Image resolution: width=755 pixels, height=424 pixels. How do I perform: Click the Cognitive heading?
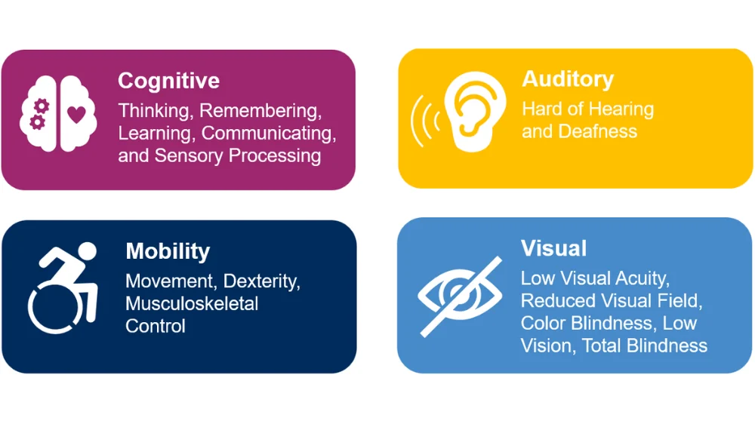point(168,81)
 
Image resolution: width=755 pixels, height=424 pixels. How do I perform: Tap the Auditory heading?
point(568,79)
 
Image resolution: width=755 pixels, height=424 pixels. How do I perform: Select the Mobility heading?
point(168,251)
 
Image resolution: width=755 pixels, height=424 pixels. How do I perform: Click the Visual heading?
point(553,248)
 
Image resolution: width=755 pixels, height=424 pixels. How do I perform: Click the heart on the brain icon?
point(76,115)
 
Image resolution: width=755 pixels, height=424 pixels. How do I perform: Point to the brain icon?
point(58,114)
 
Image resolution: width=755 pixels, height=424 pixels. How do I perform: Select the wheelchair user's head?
point(87,252)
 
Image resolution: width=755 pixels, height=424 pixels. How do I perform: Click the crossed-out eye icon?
point(460,296)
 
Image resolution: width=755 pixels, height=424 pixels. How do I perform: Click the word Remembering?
point(260,111)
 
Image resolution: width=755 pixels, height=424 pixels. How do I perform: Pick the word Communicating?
point(269,134)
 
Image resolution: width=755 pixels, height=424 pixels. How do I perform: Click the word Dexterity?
point(261,281)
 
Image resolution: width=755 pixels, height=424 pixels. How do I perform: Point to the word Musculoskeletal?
point(192,304)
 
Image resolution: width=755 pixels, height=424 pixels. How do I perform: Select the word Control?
point(155,327)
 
